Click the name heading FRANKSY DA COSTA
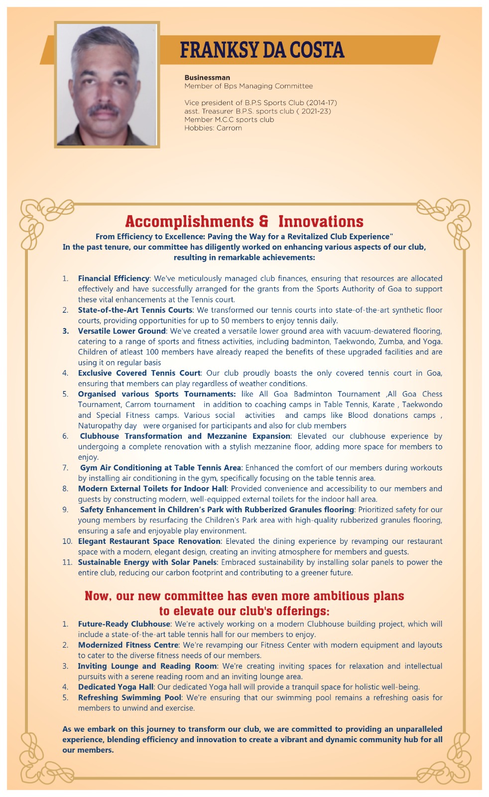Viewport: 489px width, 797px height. (262, 50)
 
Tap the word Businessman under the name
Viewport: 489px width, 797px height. (207, 78)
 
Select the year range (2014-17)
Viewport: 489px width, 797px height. (322, 103)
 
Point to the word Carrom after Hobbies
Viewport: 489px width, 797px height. (229, 128)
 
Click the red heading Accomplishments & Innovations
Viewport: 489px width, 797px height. (244, 221)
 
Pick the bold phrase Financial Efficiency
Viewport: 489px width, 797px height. (114, 278)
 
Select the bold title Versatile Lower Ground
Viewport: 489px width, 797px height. (122, 331)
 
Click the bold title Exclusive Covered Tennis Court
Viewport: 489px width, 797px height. (139, 373)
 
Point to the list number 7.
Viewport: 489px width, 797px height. (65, 468)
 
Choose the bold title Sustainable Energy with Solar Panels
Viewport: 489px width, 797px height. (147, 562)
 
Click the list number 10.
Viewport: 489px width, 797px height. (67, 541)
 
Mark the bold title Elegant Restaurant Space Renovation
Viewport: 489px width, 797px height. (149, 541)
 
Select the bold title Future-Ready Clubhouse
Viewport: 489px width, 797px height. (124, 624)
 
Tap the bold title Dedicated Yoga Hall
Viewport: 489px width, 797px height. (116, 687)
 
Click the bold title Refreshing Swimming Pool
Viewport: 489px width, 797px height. (129, 698)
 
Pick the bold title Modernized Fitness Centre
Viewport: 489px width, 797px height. (128, 645)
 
